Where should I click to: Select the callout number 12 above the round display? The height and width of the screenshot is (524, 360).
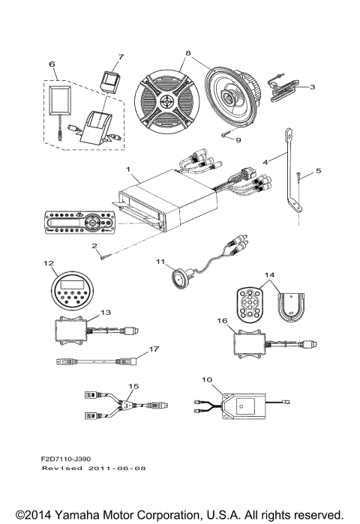[x=49, y=263]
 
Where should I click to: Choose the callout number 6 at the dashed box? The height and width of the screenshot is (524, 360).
[x=52, y=65]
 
